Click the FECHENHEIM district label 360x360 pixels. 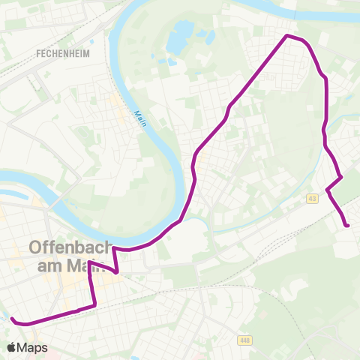[x=58, y=54]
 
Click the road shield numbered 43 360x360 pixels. [x=312, y=199]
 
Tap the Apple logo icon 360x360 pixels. [x=12, y=347]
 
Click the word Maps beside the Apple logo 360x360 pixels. [x=32, y=347]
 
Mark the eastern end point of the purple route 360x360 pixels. [x=348, y=225]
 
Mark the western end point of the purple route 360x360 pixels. [x=12, y=319]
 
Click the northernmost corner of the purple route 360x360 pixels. [x=286, y=35]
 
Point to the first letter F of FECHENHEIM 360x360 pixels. [x=38, y=54]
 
